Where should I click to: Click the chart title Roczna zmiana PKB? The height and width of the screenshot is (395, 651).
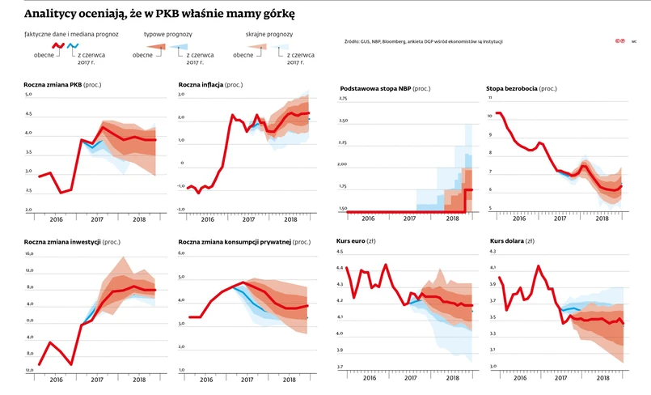[x=53, y=84]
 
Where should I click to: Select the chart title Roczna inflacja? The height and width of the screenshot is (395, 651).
[x=201, y=84]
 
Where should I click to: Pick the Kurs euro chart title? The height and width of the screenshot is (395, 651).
[x=354, y=241]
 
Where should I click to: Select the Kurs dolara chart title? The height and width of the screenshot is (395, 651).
[x=508, y=241]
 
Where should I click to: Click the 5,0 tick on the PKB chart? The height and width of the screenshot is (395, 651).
[x=29, y=95]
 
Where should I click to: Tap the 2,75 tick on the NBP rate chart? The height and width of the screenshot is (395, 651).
[x=342, y=99]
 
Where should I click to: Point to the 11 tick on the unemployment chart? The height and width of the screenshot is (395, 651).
[x=490, y=99]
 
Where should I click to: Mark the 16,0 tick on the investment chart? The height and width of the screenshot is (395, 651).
[x=30, y=253]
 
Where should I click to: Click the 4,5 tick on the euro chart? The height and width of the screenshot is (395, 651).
[x=340, y=252]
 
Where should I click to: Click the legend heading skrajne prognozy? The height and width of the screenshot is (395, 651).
[x=268, y=35]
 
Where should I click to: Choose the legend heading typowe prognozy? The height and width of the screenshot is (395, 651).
[x=167, y=35]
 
